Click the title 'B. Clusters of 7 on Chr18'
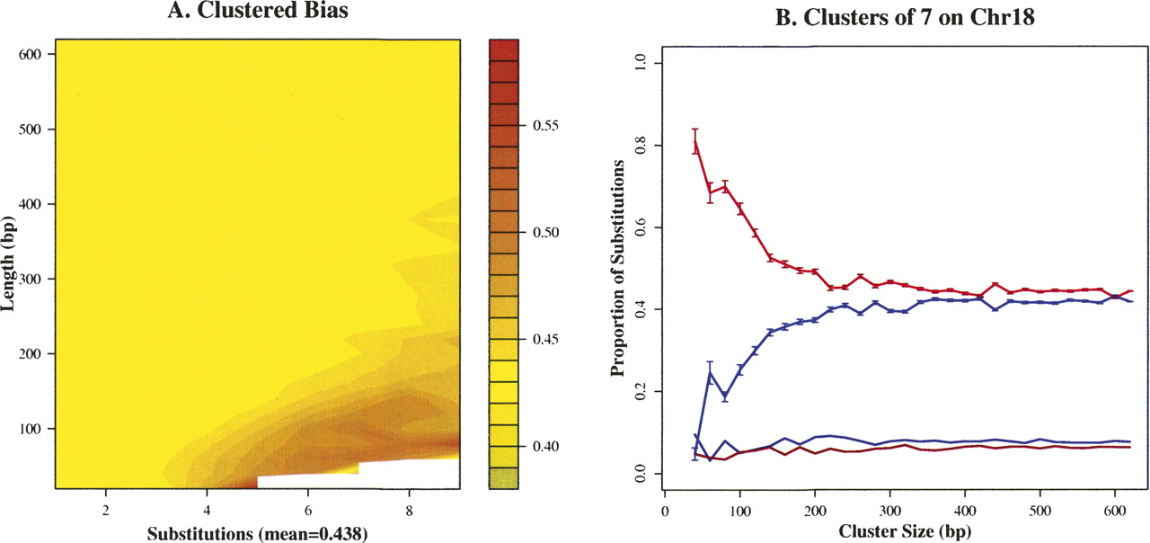pyautogui.click(x=860, y=14)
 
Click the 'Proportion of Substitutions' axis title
pyautogui.click(x=619, y=268)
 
